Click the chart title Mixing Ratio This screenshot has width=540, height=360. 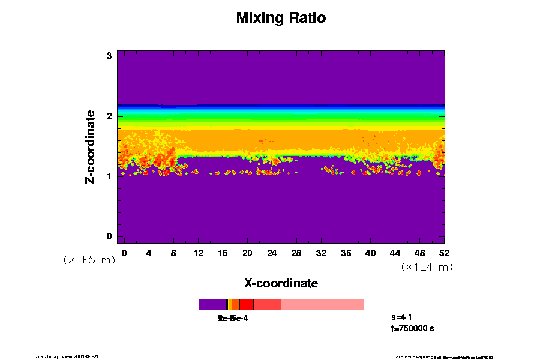click(x=281, y=18)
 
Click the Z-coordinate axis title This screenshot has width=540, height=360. click(x=91, y=146)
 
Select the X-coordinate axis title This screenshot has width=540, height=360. click(x=281, y=283)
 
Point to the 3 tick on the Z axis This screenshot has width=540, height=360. click(x=110, y=56)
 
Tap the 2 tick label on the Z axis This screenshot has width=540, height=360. click(x=110, y=116)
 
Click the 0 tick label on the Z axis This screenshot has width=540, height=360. click(x=110, y=236)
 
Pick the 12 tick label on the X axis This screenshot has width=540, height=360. click(x=198, y=253)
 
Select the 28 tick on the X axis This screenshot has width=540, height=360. click(x=296, y=253)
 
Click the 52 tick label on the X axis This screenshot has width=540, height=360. click(x=445, y=253)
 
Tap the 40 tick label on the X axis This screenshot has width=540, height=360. click(x=370, y=253)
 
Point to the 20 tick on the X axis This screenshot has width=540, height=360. click(x=247, y=253)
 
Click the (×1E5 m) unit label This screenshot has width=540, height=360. click(x=89, y=260)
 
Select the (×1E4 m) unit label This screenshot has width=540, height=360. click(x=427, y=267)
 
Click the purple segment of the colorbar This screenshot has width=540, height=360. click(x=212, y=304)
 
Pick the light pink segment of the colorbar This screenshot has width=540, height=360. click(x=322, y=304)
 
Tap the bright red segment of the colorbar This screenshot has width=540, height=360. click(x=246, y=304)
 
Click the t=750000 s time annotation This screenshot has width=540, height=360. click(x=412, y=329)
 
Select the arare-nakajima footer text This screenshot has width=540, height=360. click(x=413, y=356)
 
